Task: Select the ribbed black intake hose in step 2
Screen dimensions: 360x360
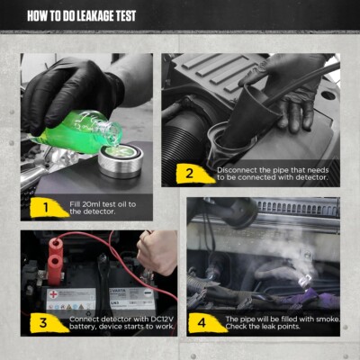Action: (193, 126)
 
